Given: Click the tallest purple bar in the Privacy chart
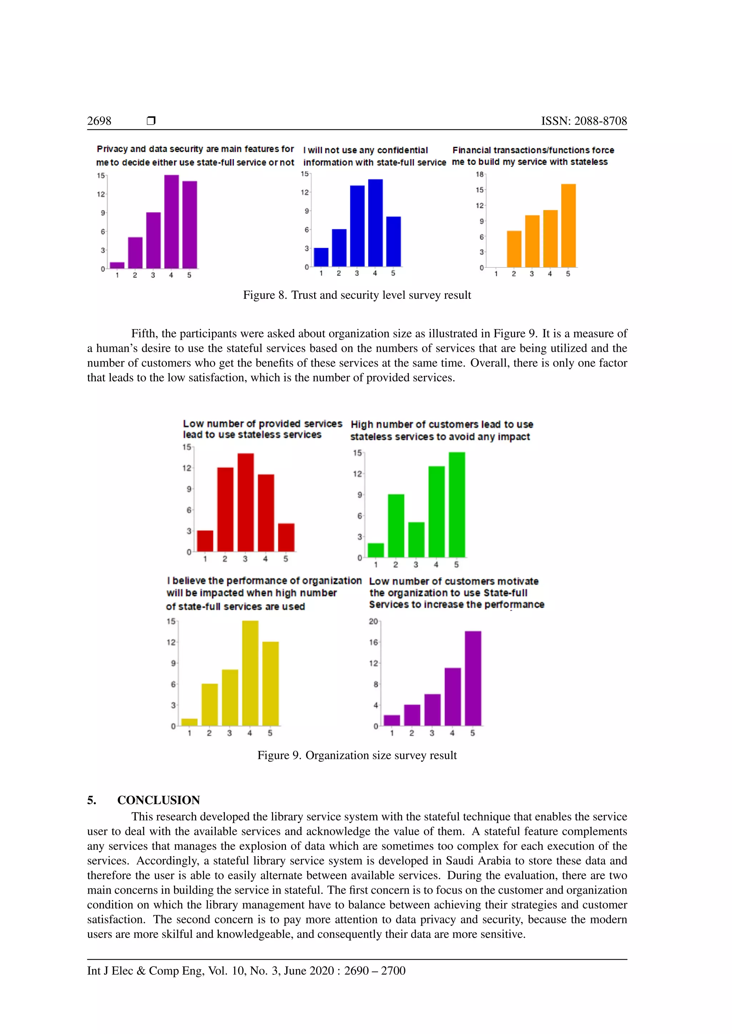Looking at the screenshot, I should pyautogui.click(x=171, y=222).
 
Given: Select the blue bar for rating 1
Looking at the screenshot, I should pyautogui.click(x=321, y=257).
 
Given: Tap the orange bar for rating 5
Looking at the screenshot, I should pyautogui.click(x=568, y=226).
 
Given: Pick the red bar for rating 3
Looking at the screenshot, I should pyautogui.click(x=246, y=502).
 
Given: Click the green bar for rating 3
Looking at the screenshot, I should pyautogui.click(x=416, y=539).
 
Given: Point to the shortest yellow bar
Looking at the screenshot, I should pyautogui.click(x=189, y=722).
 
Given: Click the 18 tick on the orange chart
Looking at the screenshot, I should pyautogui.click(x=480, y=174).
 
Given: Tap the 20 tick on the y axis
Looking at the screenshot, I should pyautogui.click(x=373, y=622).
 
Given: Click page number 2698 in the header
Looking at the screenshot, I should pyautogui.click(x=99, y=121).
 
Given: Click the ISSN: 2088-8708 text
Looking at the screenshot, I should pyautogui.click(x=584, y=121).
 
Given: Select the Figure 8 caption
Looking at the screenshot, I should pyautogui.click(x=357, y=295).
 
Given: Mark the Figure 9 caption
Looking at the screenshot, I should pyautogui.click(x=357, y=755).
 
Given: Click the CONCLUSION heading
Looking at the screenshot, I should pyautogui.click(x=158, y=800).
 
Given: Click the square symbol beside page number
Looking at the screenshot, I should pyautogui.click(x=151, y=121).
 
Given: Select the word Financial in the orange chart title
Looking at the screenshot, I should pyautogui.click(x=471, y=150).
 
